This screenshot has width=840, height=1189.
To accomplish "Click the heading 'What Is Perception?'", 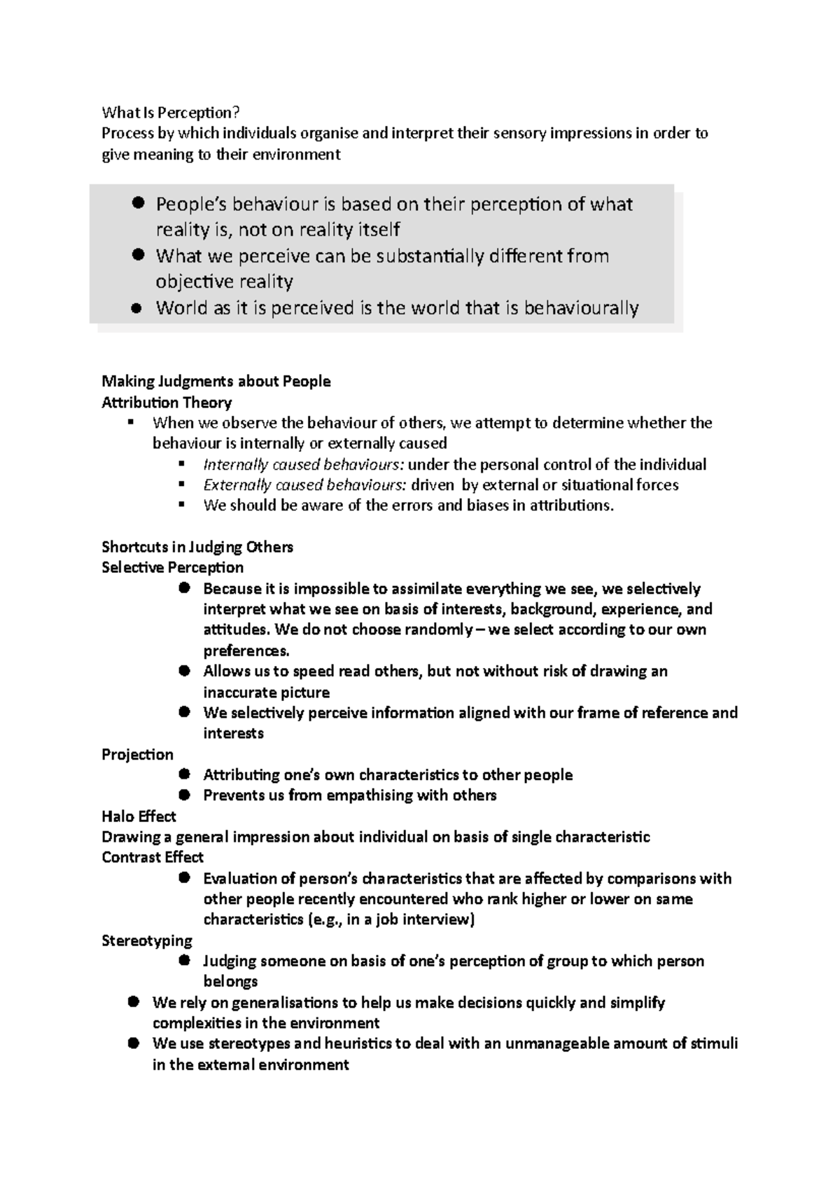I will pos(166,112).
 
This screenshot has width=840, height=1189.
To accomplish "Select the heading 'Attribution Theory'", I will pos(167,403).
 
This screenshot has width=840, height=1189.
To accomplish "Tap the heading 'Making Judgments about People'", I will pos(216,382).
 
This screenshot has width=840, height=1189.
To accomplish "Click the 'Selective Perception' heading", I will pos(172,567).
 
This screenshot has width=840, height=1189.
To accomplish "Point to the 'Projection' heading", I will pos(137,754).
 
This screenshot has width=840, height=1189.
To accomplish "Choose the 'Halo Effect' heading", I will pos(139,816).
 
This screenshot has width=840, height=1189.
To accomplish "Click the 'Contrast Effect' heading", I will pos(153,857).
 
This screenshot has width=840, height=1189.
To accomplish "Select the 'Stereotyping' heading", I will pos(147,940).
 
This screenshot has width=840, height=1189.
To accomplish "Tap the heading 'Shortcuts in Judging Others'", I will pos(197,547).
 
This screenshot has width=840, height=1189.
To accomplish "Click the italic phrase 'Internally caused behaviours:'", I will pos(303,464).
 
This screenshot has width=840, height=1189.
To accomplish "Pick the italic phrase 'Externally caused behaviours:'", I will pos(304,485).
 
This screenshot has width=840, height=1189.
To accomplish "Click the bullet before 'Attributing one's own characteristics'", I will pos(185,774).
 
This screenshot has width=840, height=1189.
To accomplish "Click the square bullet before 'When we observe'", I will pos(131,422).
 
